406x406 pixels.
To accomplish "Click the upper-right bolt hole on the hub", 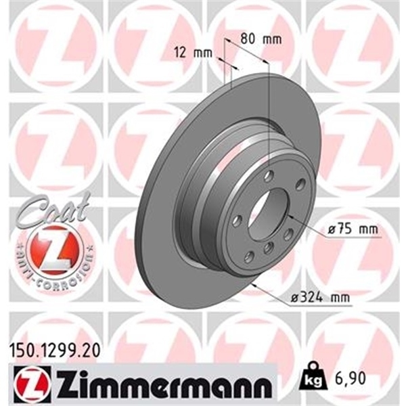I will [x=300, y=184].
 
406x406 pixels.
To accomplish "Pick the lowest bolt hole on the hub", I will [x=250, y=256].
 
